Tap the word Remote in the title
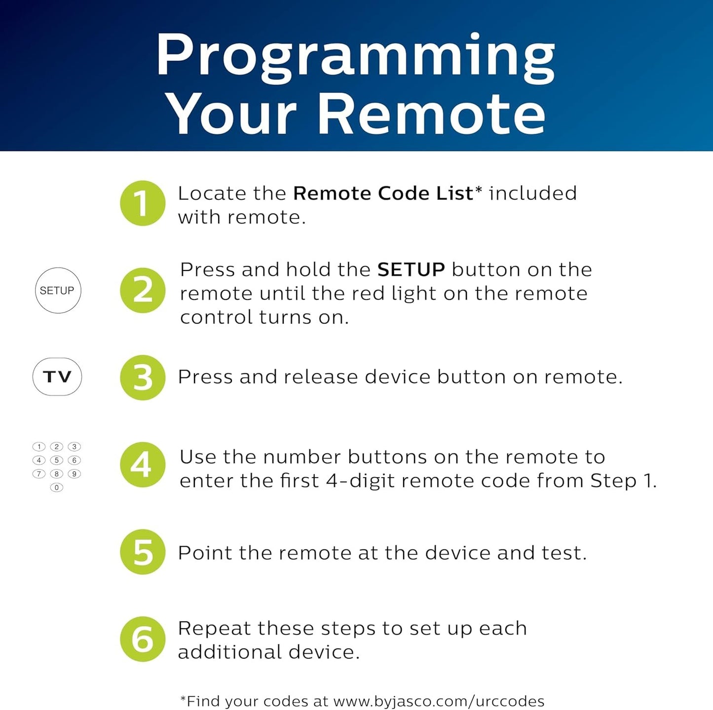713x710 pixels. [431, 114]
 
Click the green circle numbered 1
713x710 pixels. [143, 203]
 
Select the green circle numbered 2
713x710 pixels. [143, 290]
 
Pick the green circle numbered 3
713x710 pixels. [143, 377]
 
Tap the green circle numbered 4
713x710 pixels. [143, 465]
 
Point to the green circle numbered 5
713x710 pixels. [143, 552]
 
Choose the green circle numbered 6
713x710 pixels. [143, 639]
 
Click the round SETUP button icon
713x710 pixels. [58, 291]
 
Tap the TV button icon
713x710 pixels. [57, 377]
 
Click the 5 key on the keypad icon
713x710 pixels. [57, 460]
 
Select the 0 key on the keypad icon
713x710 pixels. [57, 487]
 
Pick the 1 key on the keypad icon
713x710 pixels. [39, 447]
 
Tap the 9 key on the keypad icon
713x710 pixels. [74, 474]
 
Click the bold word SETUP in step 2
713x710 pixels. [411, 270]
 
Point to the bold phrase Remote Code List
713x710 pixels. [383, 193]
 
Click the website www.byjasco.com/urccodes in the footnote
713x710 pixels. [439, 701]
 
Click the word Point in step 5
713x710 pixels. [205, 553]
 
